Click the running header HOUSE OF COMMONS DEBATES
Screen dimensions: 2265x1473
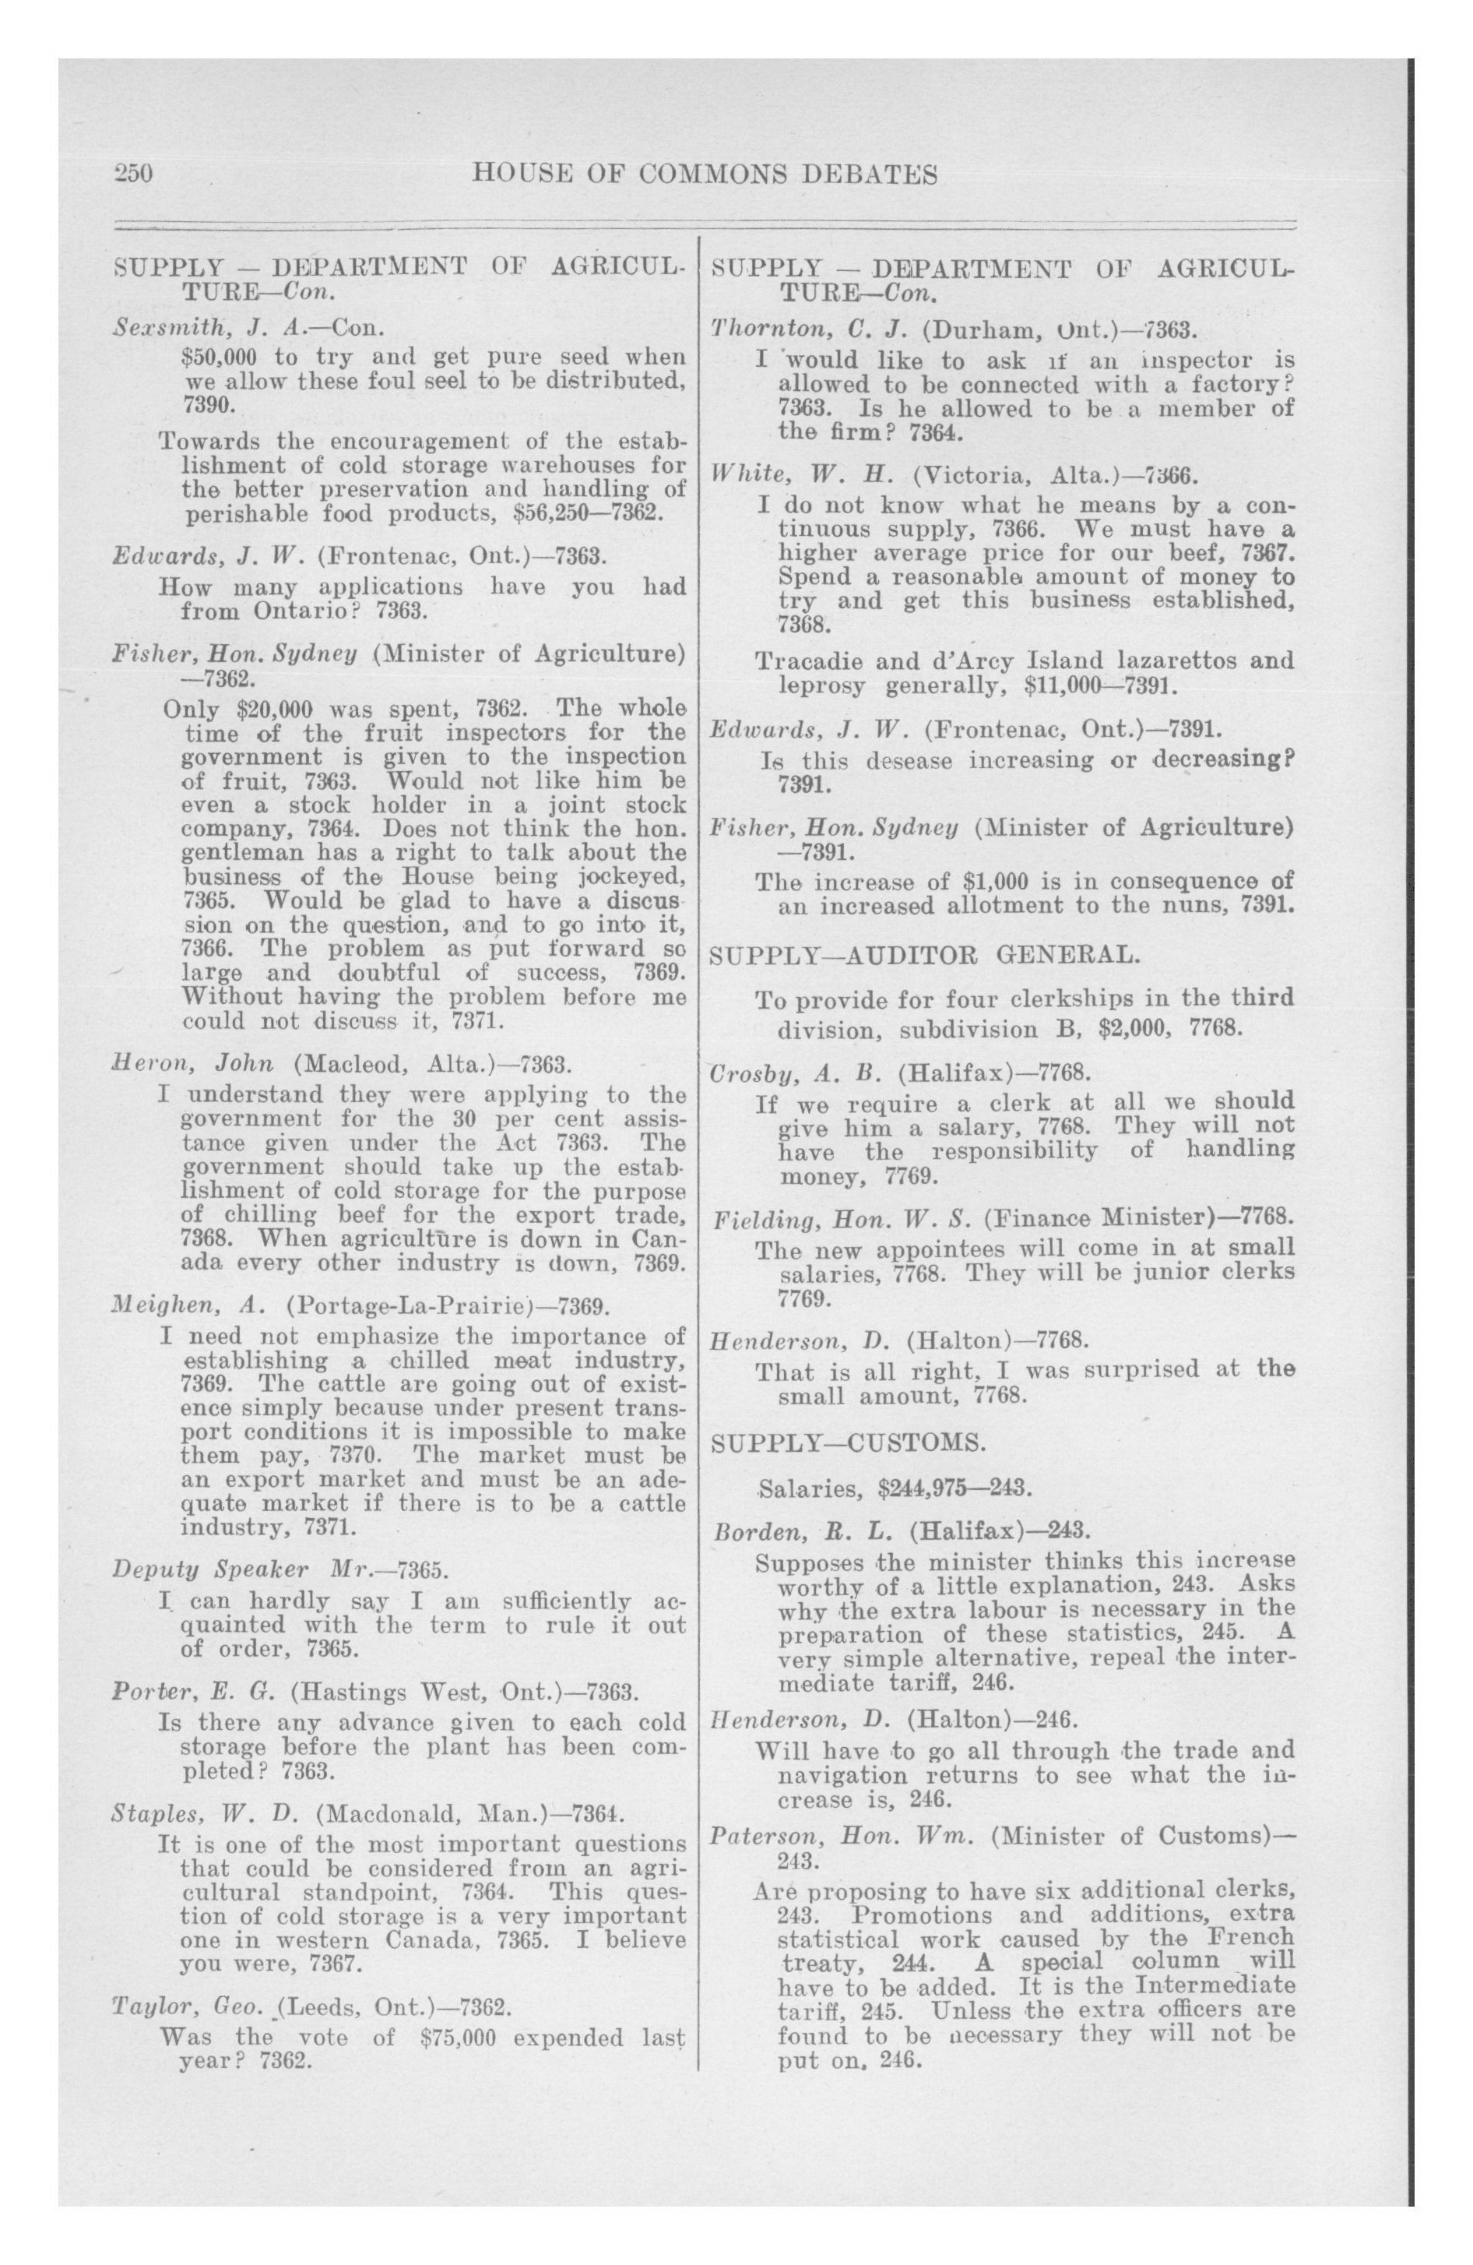705,175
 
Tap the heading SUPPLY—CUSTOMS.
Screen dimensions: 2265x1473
848,1442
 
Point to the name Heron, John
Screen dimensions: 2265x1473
193,1063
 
